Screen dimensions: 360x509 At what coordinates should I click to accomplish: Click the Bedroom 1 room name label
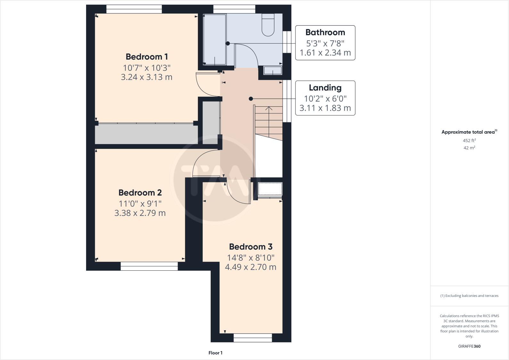pyautogui.click(x=147, y=57)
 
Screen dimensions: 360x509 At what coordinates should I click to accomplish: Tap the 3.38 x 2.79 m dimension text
pyautogui.click(x=140, y=213)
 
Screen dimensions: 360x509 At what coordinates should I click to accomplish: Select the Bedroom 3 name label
pyautogui.click(x=251, y=247)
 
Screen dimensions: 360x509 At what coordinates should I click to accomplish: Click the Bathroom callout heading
pyautogui.click(x=325, y=32)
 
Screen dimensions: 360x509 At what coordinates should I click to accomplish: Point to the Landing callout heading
pyautogui.click(x=325, y=88)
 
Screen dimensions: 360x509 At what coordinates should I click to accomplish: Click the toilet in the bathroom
pyautogui.click(x=268, y=25)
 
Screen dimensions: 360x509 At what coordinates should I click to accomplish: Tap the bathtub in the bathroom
pyautogui.click(x=215, y=39)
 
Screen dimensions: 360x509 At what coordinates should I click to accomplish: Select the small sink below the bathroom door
pyautogui.click(x=272, y=70)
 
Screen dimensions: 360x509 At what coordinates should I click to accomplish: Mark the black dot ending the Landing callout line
pyautogui.click(x=251, y=99)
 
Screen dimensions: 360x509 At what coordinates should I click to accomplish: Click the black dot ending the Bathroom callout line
pyautogui.click(x=228, y=43)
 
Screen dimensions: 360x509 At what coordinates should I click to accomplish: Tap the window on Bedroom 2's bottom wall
pyautogui.click(x=149, y=266)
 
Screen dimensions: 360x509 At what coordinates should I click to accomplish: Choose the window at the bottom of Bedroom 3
pyautogui.click(x=253, y=338)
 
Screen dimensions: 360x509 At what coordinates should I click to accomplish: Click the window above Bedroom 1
pyautogui.click(x=134, y=9)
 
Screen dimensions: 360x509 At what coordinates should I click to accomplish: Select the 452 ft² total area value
pyautogui.click(x=469, y=140)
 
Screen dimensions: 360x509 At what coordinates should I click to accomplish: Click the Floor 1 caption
pyautogui.click(x=215, y=353)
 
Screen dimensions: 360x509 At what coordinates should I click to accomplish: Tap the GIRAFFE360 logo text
pyautogui.click(x=469, y=346)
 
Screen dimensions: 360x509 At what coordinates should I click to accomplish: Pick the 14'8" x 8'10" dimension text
pyautogui.click(x=251, y=258)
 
